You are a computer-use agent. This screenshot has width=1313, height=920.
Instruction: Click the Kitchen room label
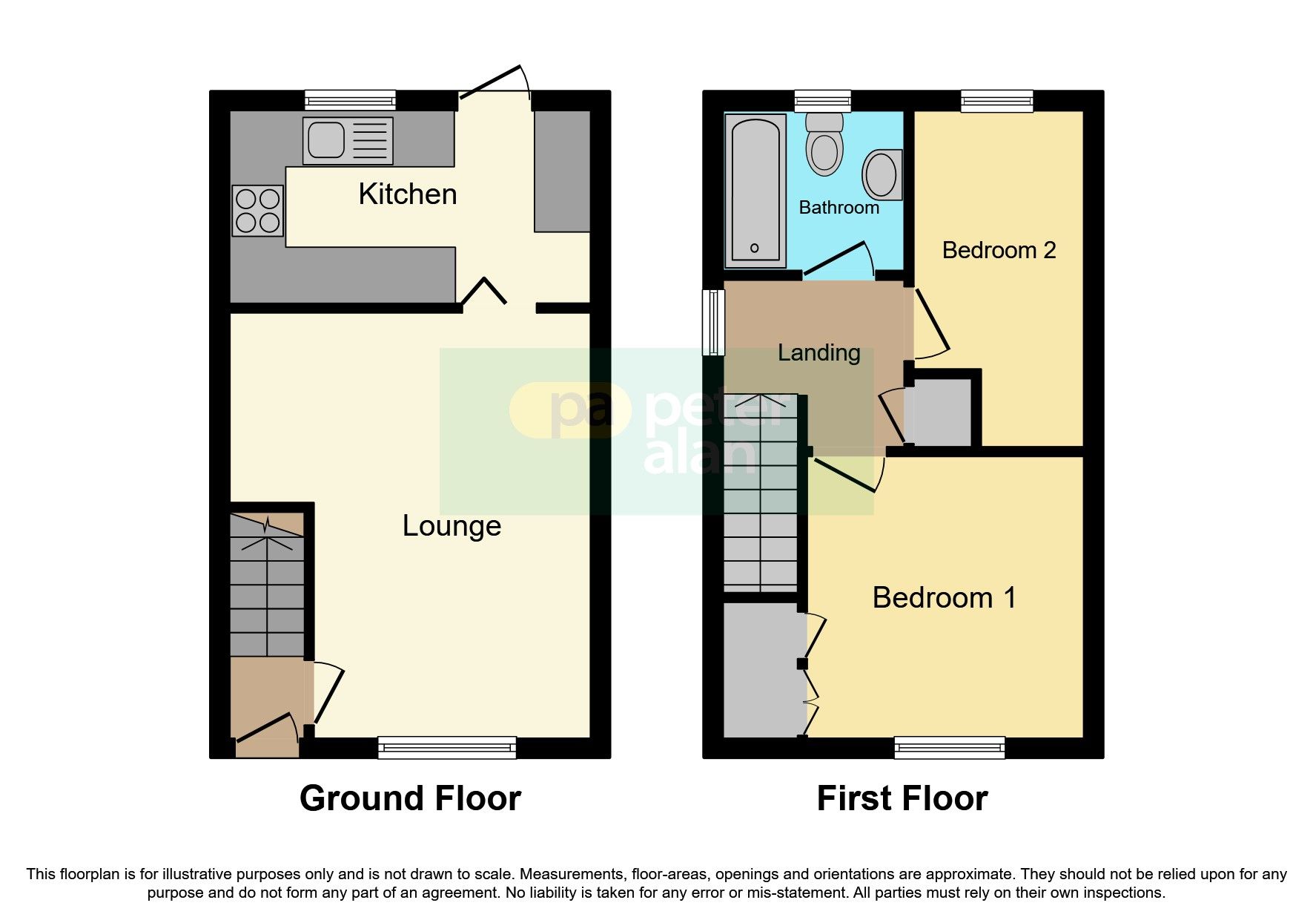[x=407, y=194]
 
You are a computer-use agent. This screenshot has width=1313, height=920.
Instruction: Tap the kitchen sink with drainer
[x=347, y=140]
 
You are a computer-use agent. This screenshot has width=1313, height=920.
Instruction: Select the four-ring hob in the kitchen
[x=257, y=211]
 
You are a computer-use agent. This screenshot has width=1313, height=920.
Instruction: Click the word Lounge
[x=452, y=526]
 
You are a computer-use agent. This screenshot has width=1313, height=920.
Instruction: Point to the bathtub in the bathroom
[x=755, y=191]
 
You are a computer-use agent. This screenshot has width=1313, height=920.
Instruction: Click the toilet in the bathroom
[x=824, y=144]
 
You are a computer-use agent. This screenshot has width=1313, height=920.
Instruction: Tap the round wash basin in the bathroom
[x=882, y=175]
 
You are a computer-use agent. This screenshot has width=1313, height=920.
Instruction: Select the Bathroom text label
[x=839, y=208]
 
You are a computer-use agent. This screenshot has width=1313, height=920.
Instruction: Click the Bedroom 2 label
[x=998, y=251]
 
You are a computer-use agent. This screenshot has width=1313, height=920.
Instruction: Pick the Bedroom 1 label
[x=943, y=598]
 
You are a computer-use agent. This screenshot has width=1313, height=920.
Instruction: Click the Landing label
[x=818, y=353]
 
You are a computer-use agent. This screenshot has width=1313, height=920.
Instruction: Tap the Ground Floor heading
[x=410, y=799]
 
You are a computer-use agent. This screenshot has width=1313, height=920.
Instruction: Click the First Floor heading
[x=902, y=799]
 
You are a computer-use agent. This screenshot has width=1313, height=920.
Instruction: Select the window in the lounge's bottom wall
[x=446, y=747]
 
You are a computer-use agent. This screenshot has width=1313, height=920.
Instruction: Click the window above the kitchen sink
[x=350, y=100]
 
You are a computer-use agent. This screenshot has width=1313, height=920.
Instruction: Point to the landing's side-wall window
[x=713, y=322]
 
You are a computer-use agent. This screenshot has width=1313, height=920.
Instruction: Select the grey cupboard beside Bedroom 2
[x=940, y=413]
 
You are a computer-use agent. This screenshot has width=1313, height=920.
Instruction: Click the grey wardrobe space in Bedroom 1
[x=763, y=669]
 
